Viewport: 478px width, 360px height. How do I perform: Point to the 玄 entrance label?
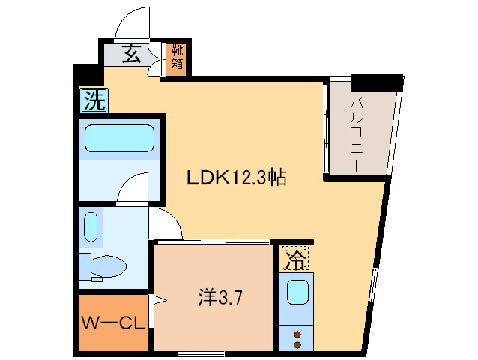132,55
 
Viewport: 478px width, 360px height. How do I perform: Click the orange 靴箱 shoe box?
177,58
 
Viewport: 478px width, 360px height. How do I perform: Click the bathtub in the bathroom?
118,139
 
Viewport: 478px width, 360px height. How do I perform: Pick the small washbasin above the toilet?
91,227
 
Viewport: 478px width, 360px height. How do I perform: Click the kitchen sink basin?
297,290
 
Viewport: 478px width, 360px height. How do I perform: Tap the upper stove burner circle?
297,334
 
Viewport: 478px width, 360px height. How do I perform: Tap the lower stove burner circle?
297,345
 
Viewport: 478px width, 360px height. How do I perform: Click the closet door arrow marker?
159,301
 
